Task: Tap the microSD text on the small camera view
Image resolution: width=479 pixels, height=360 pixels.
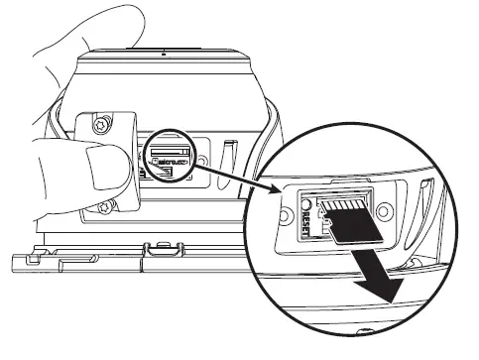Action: coord(176,158)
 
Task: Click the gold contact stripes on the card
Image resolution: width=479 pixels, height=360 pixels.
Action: coord(348,202)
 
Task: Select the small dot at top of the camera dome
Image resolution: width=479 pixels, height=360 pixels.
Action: coord(163,47)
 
